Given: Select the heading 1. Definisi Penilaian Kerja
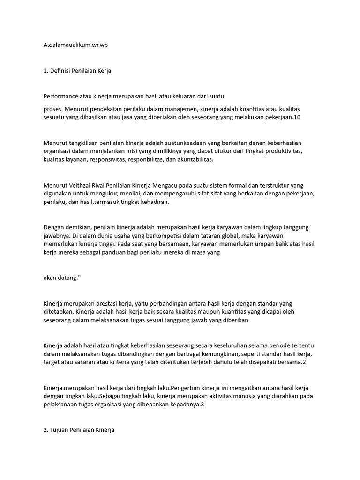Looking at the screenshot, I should pyautogui.click(x=77, y=71).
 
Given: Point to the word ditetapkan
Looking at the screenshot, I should pyautogui.click(x=58, y=312).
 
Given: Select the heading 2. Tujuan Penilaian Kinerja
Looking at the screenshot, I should pyautogui.click(x=79, y=430).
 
